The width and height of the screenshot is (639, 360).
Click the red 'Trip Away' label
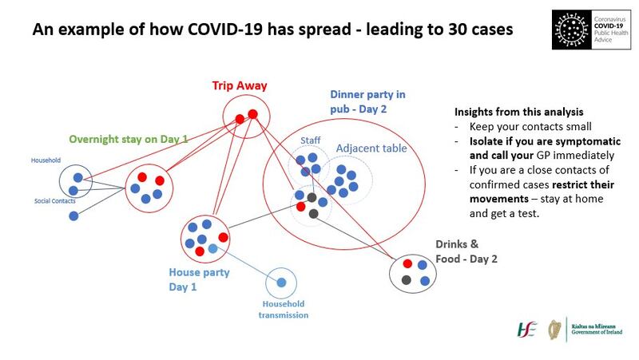[239, 85]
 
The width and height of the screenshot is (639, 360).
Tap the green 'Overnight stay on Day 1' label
[129, 139]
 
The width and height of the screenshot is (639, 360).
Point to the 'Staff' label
[309, 141]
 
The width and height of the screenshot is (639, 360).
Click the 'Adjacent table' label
[371, 148]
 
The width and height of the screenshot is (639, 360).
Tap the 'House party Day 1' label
[199, 279]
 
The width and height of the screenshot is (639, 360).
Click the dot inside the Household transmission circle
[281, 283]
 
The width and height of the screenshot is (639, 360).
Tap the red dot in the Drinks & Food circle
[408, 263]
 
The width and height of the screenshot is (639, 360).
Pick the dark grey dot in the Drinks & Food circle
[407, 279]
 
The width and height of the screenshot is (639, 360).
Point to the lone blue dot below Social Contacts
[73, 216]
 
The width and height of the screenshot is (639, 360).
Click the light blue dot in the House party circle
[212, 249]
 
